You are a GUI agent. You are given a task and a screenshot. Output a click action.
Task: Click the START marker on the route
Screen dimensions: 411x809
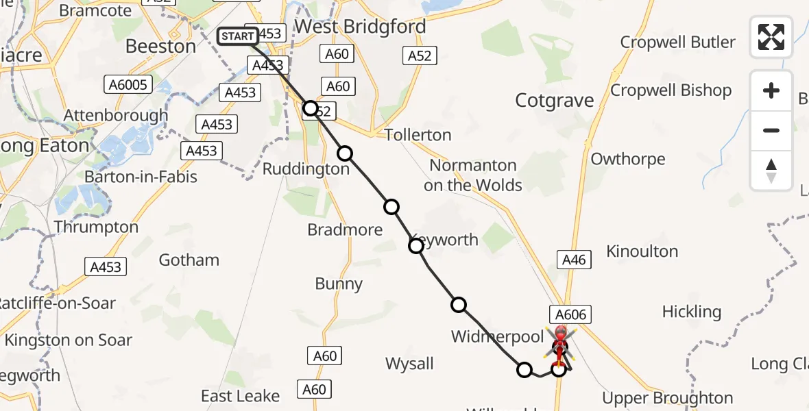pyautogui.click(x=238, y=36)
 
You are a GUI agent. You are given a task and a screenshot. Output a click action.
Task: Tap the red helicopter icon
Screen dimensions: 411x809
pyautogui.click(x=560, y=342)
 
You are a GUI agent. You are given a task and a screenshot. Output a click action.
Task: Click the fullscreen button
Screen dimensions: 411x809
pyautogui.click(x=771, y=37)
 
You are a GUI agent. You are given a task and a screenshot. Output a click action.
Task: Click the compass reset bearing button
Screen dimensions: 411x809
pyautogui.click(x=771, y=171)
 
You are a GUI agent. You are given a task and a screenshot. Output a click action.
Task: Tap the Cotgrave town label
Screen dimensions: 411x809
pyautogui.click(x=554, y=101)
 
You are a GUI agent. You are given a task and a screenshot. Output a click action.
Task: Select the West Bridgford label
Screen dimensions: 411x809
pyautogui.click(x=360, y=27)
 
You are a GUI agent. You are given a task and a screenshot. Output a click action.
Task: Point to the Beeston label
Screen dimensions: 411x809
pyautogui.click(x=161, y=47)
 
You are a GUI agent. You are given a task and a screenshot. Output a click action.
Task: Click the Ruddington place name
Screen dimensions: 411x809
pyautogui.click(x=306, y=169)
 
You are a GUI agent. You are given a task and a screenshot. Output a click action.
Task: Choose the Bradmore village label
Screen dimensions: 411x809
pyautogui.click(x=345, y=230)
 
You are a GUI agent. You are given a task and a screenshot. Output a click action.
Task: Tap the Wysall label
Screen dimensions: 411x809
pyautogui.click(x=409, y=364)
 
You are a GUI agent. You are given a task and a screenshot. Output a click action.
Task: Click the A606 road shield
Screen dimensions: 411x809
pyautogui.click(x=569, y=314)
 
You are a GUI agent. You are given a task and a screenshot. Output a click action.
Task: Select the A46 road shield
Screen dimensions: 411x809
pyautogui.click(x=573, y=260)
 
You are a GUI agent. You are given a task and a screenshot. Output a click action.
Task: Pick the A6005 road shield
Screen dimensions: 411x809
pyautogui.click(x=128, y=84)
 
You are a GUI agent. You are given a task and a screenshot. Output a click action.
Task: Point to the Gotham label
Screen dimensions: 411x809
pyautogui.click(x=189, y=260)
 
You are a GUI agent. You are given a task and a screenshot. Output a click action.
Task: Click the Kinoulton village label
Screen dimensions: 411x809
pyautogui.click(x=642, y=252)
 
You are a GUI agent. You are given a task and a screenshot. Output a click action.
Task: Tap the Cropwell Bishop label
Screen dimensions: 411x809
pyautogui.click(x=671, y=90)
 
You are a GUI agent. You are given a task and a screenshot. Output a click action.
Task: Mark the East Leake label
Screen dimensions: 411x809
pyautogui.click(x=240, y=396)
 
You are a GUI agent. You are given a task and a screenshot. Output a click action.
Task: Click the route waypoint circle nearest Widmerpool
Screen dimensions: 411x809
pyautogui.click(x=459, y=305)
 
